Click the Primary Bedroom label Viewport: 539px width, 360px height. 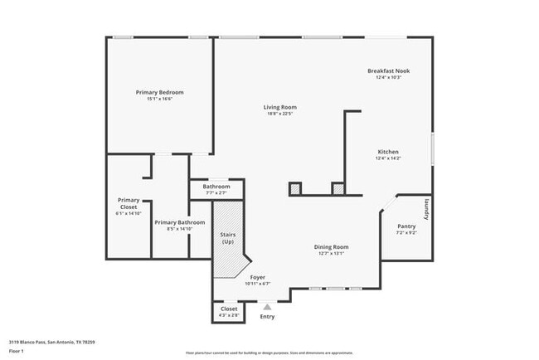(159, 92)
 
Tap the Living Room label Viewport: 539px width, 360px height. (279, 107)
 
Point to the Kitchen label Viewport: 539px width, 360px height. (388, 152)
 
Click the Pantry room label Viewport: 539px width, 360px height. (406, 226)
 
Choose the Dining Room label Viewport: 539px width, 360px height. (331, 247)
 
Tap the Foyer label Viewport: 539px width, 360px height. (257, 277)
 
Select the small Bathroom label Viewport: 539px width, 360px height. (216, 187)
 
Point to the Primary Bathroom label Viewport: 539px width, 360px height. (179, 222)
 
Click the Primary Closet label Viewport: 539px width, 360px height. (129, 202)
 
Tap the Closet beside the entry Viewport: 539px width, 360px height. (229, 309)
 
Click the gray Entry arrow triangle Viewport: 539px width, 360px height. (267, 306)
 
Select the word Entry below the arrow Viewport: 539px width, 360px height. (267, 317)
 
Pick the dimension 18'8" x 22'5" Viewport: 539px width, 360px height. (279, 114)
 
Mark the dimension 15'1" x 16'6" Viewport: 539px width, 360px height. (159, 99)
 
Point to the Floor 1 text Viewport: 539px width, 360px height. (17, 352)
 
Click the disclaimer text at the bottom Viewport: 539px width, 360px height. (269, 353)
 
